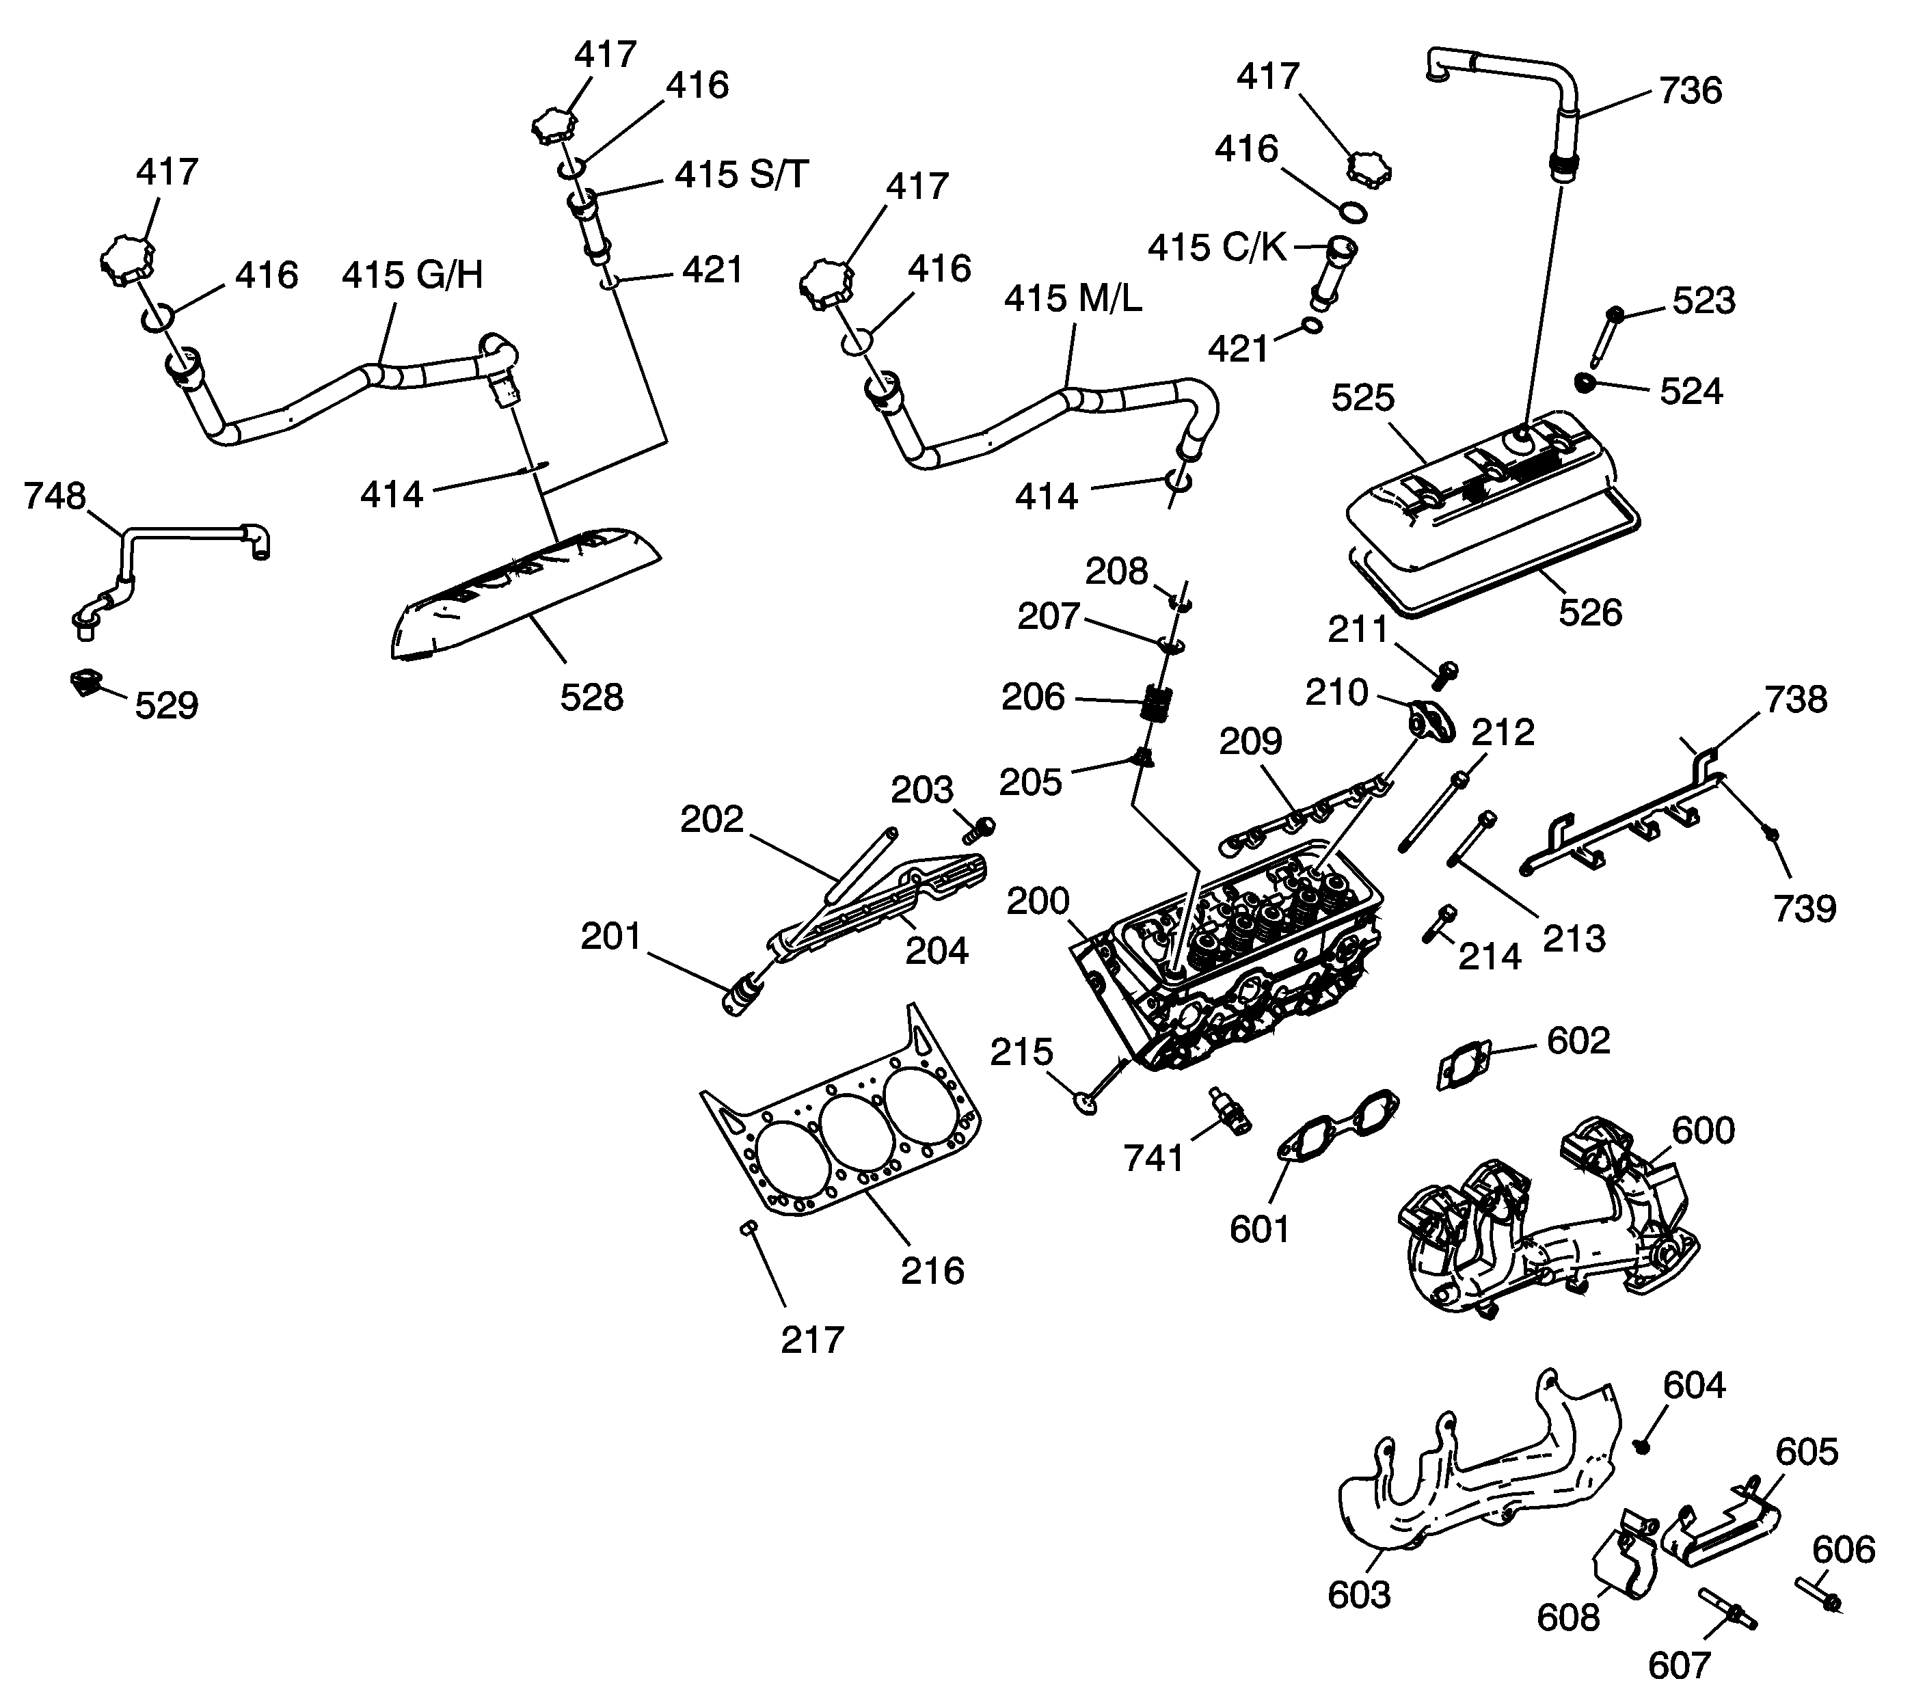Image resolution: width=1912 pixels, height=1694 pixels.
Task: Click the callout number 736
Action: (x=1691, y=91)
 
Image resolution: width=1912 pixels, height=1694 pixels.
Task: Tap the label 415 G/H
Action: (x=412, y=276)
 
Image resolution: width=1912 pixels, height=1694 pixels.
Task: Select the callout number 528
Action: (x=591, y=698)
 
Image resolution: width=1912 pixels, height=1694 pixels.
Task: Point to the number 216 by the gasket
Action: (x=932, y=1272)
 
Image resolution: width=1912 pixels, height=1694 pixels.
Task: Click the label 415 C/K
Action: (x=1217, y=248)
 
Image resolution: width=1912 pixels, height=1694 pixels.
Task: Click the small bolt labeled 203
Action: (x=980, y=828)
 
